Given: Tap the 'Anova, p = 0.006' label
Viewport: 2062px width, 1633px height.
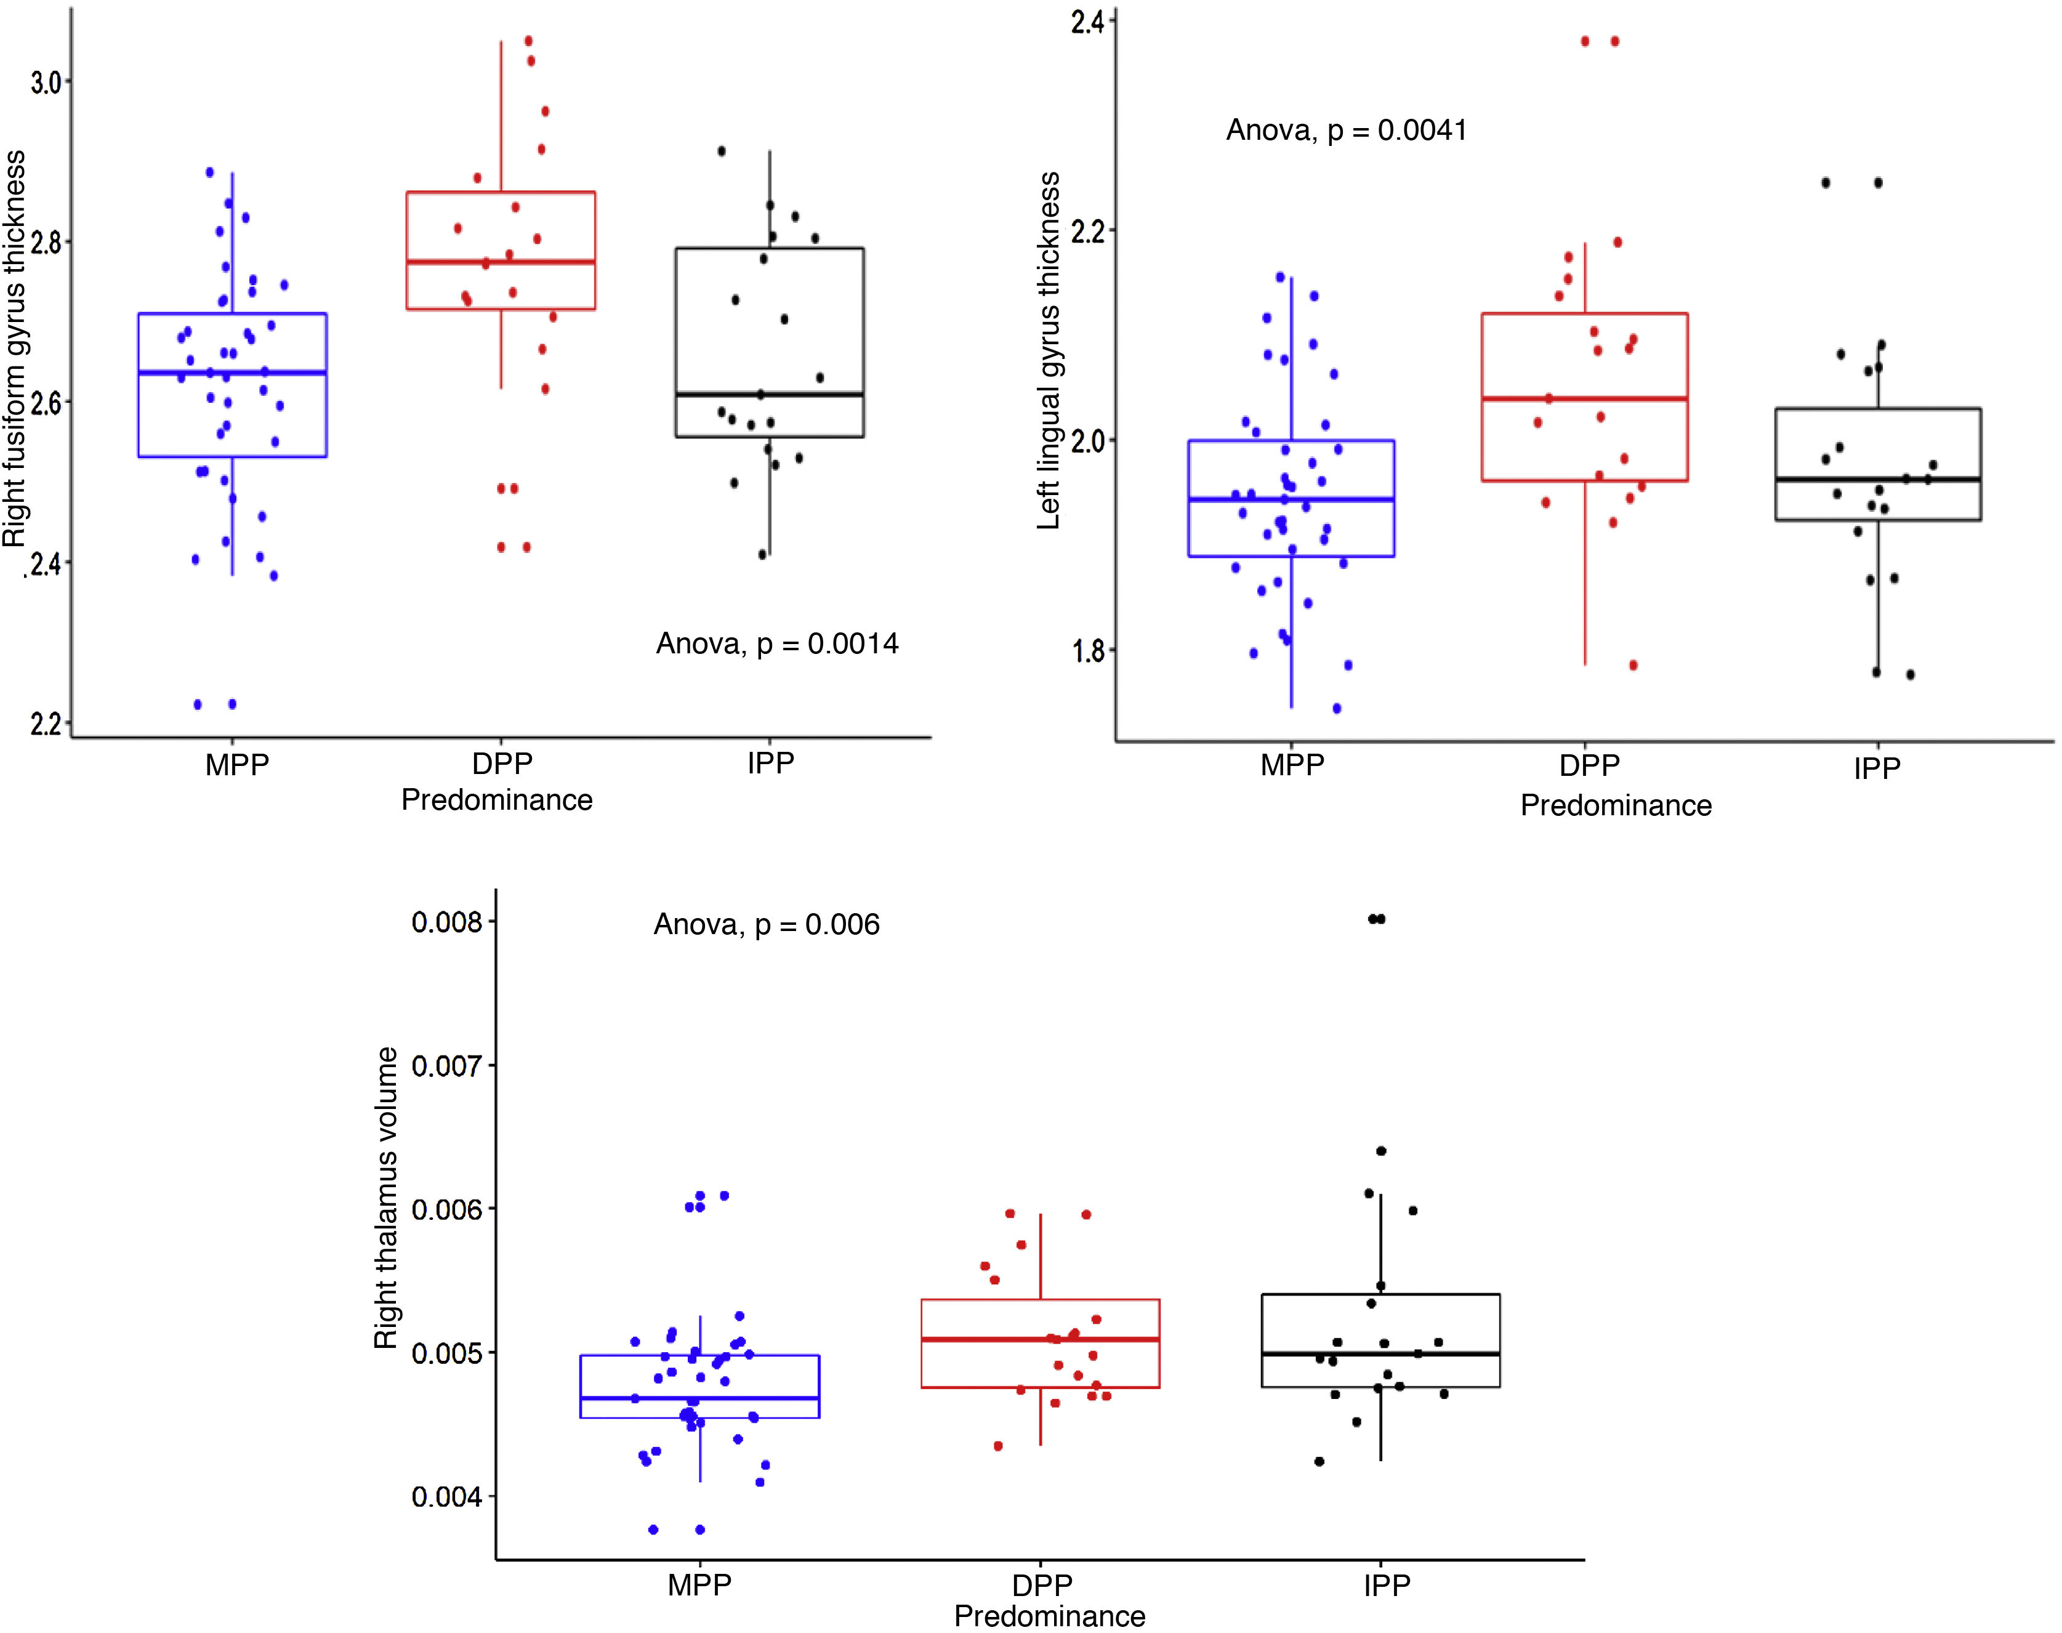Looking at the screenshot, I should pyautogui.click(x=767, y=924).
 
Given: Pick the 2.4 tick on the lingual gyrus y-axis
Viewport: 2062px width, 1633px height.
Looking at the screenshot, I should pyautogui.click(x=1088, y=23).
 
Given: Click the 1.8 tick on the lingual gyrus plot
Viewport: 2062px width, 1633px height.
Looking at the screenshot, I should pyautogui.click(x=1088, y=652).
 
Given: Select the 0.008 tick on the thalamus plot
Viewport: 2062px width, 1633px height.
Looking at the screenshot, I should pyautogui.click(x=446, y=922).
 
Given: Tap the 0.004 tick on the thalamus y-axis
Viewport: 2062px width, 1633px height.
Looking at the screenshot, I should pyautogui.click(x=446, y=1496).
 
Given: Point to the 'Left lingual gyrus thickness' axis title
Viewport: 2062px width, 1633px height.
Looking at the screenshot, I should pyautogui.click(x=1050, y=351).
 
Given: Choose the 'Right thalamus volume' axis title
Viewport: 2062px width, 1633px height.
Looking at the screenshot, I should pyautogui.click(x=386, y=1198).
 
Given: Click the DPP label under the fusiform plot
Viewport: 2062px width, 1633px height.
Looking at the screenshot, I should pyautogui.click(x=502, y=764).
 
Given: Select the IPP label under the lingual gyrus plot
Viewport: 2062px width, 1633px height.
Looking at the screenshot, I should pyautogui.click(x=1877, y=768).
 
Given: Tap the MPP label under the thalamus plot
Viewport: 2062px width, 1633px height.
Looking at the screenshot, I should pyautogui.click(x=700, y=1585).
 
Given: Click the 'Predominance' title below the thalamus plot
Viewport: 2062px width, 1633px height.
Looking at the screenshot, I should pyautogui.click(x=1050, y=1617).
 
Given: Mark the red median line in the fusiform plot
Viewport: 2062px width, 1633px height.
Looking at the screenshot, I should pyautogui.click(x=501, y=261).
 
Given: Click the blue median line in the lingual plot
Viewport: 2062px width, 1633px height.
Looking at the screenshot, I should pyautogui.click(x=1292, y=499).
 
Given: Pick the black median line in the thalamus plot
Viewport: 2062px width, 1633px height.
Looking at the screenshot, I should pyautogui.click(x=1380, y=1354).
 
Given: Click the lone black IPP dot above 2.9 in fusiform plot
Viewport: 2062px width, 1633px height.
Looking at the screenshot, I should pyautogui.click(x=722, y=151).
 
